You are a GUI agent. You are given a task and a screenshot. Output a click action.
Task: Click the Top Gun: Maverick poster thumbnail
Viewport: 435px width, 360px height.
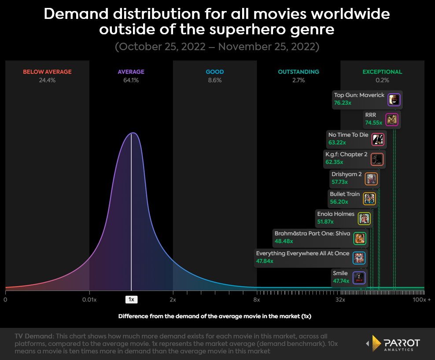coord(394,99)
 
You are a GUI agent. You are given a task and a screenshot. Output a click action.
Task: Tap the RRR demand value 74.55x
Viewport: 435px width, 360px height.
coord(374,123)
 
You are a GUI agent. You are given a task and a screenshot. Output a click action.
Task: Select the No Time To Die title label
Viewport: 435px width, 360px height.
coord(348,135)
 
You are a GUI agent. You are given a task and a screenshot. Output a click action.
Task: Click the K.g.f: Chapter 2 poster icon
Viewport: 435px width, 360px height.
coord(377,159)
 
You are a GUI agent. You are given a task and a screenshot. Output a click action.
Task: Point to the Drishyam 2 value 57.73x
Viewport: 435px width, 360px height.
coord(339,182)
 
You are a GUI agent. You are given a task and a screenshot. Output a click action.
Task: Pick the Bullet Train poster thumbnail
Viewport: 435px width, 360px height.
coord(369,198)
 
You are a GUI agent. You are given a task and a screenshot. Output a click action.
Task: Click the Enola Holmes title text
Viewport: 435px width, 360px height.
coord(335,214)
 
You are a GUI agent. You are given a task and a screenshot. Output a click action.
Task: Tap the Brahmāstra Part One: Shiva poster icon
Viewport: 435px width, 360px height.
coord(360,238)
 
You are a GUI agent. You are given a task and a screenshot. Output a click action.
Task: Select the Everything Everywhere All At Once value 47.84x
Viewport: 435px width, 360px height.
coord(265,261)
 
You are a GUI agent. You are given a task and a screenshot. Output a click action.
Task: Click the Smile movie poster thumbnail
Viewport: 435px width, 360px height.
coord(359,278)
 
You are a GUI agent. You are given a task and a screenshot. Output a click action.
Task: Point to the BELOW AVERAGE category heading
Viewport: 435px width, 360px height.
coord(47,72)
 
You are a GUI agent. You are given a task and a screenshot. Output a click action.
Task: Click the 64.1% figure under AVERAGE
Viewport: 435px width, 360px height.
coord(131,80)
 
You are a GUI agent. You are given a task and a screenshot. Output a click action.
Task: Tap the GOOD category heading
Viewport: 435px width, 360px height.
coord(215,72)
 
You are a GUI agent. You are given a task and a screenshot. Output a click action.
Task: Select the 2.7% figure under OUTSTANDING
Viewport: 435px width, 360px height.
coord(299,80)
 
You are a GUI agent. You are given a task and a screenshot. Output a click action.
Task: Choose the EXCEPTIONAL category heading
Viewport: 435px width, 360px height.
coord(382,72)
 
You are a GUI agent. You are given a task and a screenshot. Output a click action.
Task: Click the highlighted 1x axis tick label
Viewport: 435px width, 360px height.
coord(131,300)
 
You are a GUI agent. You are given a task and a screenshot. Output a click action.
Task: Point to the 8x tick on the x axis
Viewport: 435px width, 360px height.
coord(257,300)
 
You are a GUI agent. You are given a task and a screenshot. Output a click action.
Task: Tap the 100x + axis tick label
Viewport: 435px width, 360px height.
coord(422,300)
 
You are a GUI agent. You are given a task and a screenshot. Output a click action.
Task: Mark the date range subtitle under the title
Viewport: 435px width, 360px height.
coord(217,47)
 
